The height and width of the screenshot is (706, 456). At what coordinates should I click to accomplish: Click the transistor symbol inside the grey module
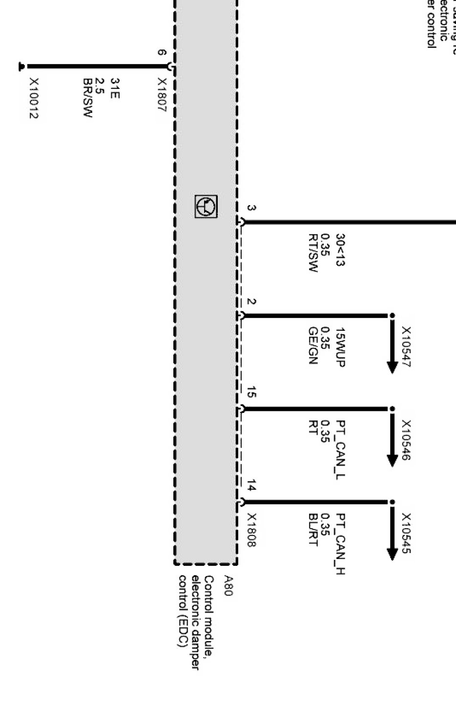point(206,206)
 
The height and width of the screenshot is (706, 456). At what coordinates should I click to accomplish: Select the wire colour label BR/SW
point(88,98)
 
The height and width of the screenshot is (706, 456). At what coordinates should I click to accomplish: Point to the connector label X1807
point(162,95)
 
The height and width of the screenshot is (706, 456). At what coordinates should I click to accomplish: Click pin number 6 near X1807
point(162,53)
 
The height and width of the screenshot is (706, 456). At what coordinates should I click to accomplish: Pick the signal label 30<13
point(340,250)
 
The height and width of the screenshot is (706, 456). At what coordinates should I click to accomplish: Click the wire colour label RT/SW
point(313,253)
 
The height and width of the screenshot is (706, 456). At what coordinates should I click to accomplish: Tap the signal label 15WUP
point(340,347)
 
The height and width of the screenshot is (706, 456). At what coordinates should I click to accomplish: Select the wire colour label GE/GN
point(313,346)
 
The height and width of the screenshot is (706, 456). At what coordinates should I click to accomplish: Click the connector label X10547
point(406,347)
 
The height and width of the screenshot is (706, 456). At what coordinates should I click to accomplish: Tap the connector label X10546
point(406,440)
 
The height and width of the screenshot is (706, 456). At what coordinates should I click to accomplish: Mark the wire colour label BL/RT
point(313,530)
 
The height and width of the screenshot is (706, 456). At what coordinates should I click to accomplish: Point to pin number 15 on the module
point(251,392)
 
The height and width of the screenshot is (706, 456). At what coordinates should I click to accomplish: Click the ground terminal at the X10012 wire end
point(21,66)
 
